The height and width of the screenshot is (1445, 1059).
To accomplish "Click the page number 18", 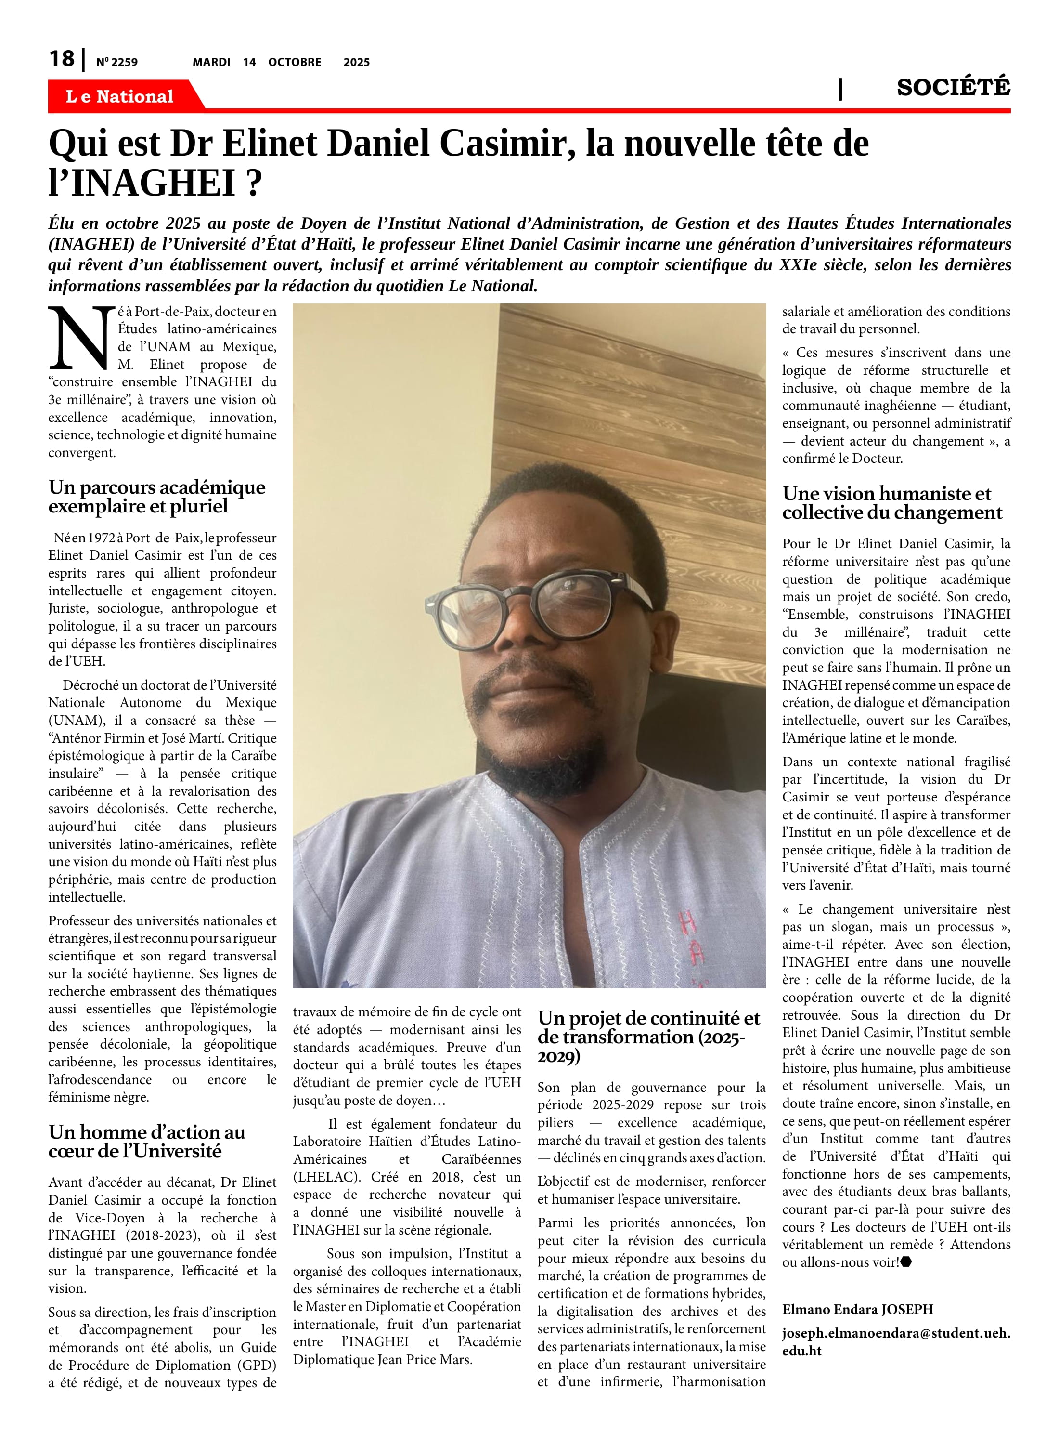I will [x=62, y=59].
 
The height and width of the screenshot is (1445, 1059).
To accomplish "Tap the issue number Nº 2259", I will [x=116, y=62].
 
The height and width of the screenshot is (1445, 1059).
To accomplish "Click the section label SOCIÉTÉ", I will [x=953, y=87].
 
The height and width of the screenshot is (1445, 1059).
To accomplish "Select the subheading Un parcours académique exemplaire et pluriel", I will [x=157, y=497].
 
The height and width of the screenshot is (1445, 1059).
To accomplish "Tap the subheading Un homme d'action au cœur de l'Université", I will [x=147, y=1141].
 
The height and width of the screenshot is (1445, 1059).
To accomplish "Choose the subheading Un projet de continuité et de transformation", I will [x=648, y=1036].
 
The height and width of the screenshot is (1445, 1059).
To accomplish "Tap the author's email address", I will [x=895, y=1341].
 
